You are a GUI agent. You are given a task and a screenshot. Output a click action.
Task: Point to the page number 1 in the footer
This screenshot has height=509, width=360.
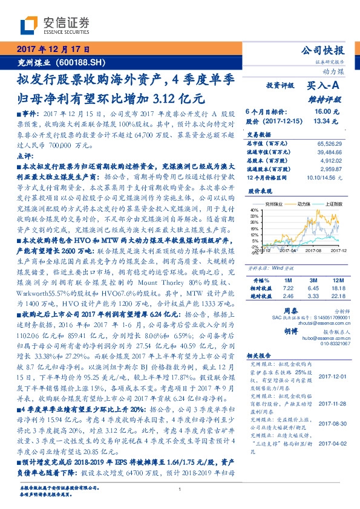tap(180, 490)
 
